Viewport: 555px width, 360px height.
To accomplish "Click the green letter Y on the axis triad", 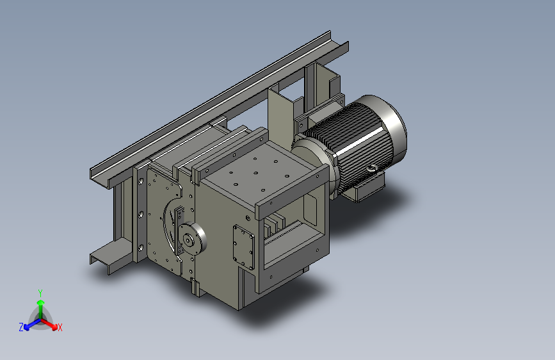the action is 40,293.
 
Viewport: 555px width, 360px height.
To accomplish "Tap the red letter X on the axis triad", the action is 60,327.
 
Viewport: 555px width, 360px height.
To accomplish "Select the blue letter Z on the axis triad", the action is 21,327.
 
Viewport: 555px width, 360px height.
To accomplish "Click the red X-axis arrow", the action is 49,324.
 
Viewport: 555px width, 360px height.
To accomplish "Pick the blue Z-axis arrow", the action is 33,324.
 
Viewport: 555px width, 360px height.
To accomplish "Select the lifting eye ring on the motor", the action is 371,169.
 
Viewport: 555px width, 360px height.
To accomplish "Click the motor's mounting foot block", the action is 368,188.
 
